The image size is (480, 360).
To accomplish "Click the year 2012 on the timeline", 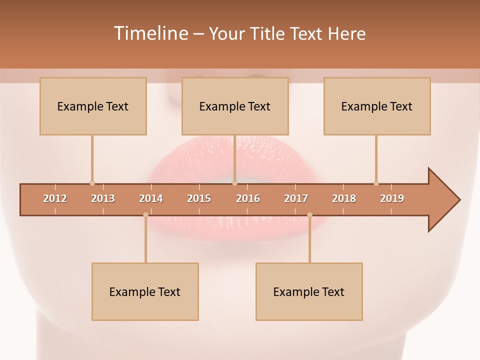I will click(x=55, y=198).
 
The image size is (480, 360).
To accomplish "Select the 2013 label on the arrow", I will click(x=103, y=198).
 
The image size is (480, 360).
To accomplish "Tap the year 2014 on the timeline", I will click(x=151, y=198).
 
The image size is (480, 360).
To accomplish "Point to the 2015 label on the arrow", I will click(x=199, y=198).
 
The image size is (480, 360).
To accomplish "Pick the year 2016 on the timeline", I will click(x=248, y=198).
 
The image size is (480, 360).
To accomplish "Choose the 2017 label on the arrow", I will click(x=296, y=198).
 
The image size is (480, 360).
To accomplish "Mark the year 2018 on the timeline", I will click(x=344, y=198).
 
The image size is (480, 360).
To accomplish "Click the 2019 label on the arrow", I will click(x=392, y=198).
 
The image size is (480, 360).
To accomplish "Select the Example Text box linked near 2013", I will click(x=93, y=106).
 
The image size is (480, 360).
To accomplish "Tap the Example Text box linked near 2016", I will click(x=235, y=106).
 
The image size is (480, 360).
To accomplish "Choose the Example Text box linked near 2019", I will click(x=377, y=106).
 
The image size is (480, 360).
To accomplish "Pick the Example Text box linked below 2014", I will click(x=145, y=291).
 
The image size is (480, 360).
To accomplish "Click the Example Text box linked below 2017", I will click(x=309, y=291).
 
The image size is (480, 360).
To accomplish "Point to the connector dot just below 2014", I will click(x=145, y=215).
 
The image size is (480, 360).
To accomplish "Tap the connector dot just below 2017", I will click(x=309, y=215).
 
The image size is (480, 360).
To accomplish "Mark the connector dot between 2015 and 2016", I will click(x=234, y=183).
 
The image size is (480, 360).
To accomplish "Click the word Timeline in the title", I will click(x=150, y=33).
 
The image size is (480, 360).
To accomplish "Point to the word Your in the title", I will click(x=225, y=33).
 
